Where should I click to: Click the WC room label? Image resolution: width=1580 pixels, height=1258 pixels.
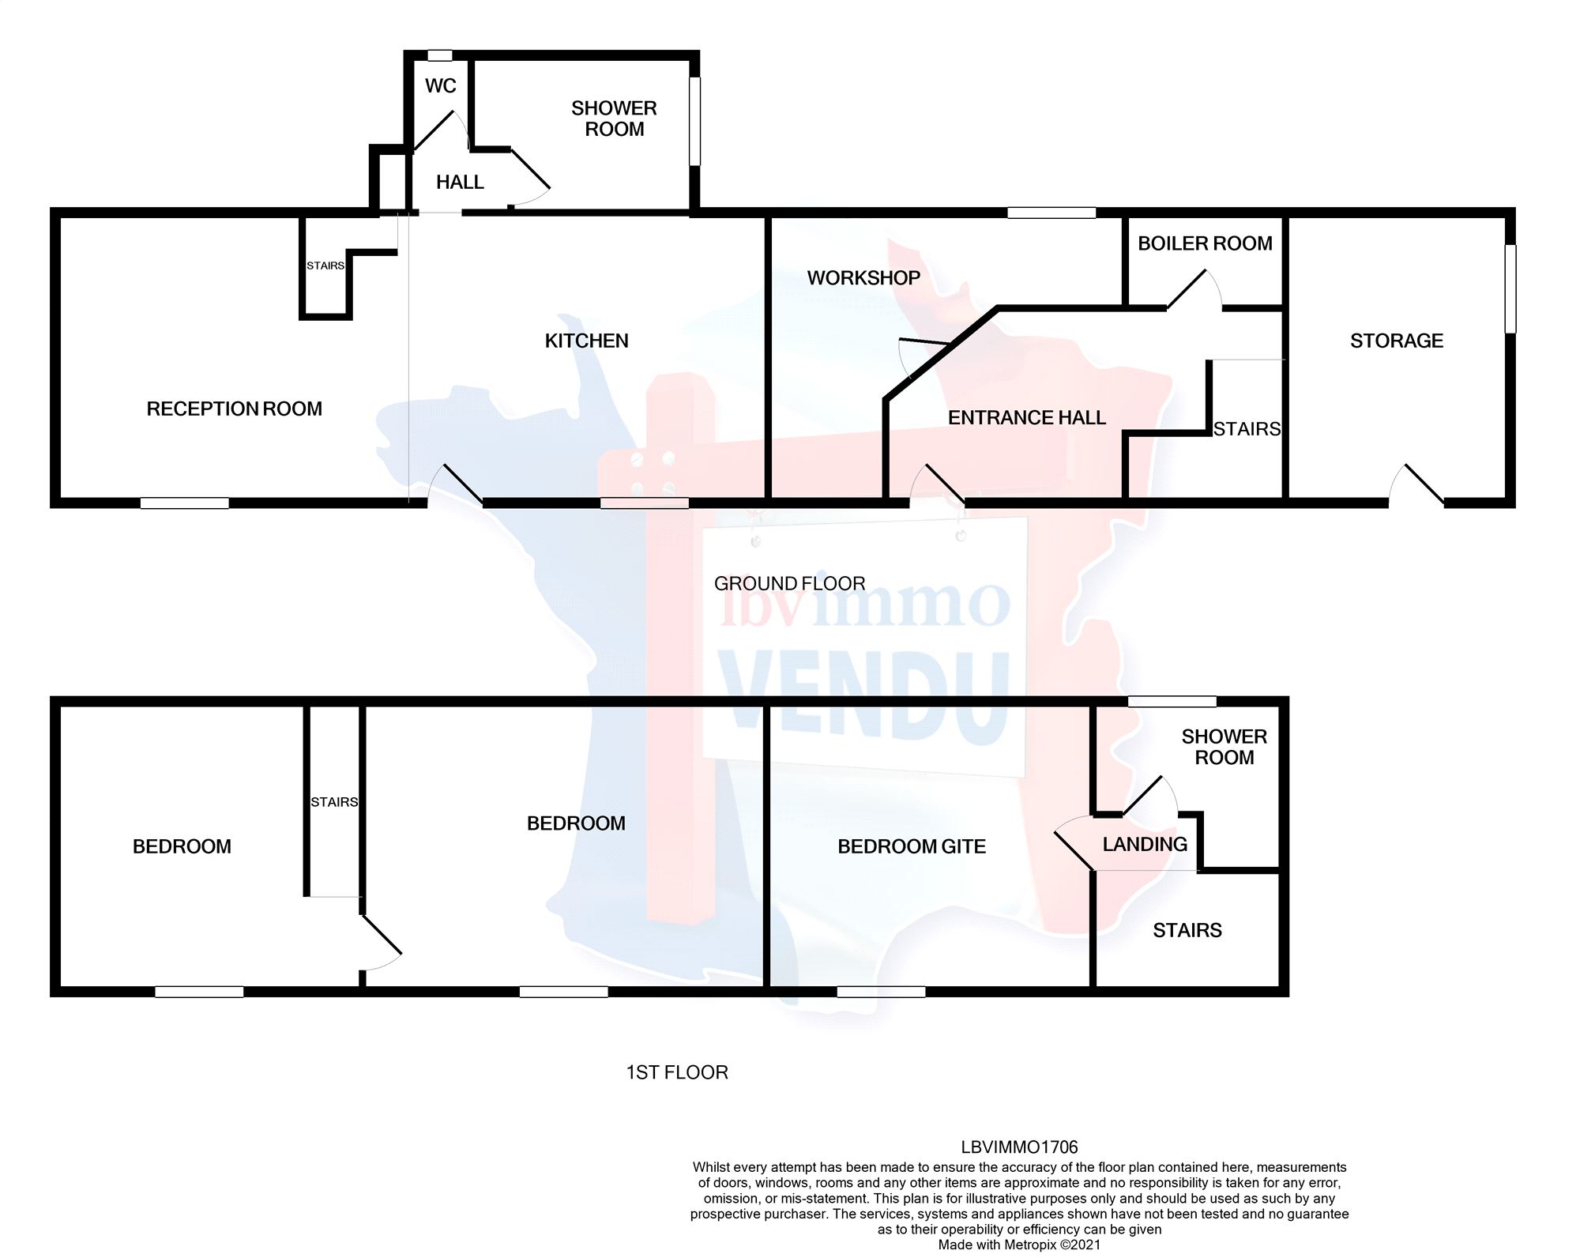pyautogui.click(x=440, y=85)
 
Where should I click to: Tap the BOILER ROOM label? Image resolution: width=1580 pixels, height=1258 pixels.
pyautogui.click(x=1205, y=243)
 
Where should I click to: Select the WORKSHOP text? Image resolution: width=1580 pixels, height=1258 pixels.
pyautogui.click(x=863, y=278)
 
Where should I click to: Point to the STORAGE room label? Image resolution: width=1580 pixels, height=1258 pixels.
pyautogui.click(x=1396, y=341)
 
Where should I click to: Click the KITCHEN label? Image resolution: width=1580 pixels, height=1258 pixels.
pyautogui.click(x=586, y=341)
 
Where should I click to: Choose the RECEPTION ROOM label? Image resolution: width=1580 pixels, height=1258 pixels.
pyautogui.click(x=234, y=409)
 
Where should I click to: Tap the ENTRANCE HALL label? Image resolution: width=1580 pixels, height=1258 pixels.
pyautogui.click(x=1026, y=417)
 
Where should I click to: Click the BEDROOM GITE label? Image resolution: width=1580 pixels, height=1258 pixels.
pyautogui.click(x=911, y=846)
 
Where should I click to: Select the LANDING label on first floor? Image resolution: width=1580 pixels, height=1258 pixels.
pyautogui.click(x=1145, y=844)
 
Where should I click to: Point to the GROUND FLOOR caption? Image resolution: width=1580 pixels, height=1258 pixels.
pyautogui.click(x=789, y=583)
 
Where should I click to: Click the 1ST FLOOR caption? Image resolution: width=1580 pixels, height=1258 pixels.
pyautogui.click(x=676, y=1072)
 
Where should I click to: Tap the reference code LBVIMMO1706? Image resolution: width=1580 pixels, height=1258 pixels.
pyautogui.click(x=1019, y=1147)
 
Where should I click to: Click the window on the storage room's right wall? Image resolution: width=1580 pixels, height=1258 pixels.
pyautogui.click(x=1510, y=288)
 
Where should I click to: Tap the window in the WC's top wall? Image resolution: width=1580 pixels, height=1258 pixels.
pyautogui.click(x=439, y=56)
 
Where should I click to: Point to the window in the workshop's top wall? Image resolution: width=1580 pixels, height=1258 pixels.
pyautogui.click(x=1051, y=213)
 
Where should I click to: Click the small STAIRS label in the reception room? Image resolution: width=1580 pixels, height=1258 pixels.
pyautogui.click(x=325, y=266)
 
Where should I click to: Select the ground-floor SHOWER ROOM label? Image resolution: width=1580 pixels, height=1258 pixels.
pyautogui.click(x=614, y=119)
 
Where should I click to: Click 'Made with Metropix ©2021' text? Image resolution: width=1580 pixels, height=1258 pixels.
pyautogui.click(x=1019, y=1245)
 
